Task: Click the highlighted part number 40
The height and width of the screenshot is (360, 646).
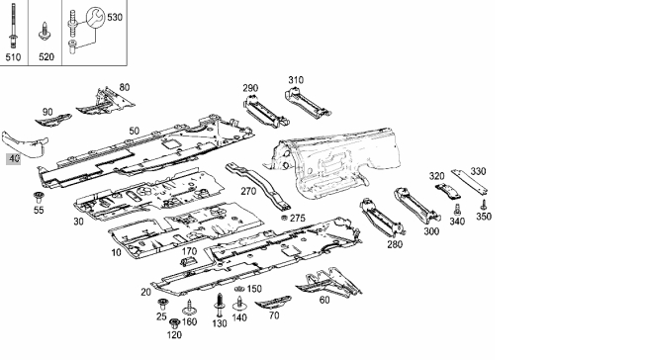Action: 14,158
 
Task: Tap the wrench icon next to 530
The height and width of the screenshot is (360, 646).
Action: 95,17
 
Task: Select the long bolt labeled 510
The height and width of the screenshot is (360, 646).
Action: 13,26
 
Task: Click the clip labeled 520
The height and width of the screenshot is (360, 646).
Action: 45,32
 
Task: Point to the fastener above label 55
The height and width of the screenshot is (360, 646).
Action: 39,197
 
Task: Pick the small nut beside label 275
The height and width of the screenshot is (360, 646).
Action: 284,218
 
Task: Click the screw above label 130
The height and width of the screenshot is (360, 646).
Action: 220,306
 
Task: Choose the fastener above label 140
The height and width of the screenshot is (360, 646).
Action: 239,304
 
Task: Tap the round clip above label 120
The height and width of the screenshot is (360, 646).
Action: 175,323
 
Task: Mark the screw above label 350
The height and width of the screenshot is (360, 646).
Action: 484,205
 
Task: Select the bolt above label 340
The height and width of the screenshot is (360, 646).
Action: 457,210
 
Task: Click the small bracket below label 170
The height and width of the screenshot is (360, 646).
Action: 187,261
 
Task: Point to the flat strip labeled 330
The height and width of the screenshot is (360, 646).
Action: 469,181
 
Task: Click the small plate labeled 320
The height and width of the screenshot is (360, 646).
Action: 447,191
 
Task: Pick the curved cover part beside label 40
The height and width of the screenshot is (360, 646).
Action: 26,144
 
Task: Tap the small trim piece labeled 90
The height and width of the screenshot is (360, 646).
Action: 53,121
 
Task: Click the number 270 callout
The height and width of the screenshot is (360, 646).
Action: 248,192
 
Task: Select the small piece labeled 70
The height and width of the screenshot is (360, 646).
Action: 273,303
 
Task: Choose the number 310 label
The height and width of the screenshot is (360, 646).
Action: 296,80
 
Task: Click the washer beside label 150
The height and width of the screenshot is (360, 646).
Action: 239,289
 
